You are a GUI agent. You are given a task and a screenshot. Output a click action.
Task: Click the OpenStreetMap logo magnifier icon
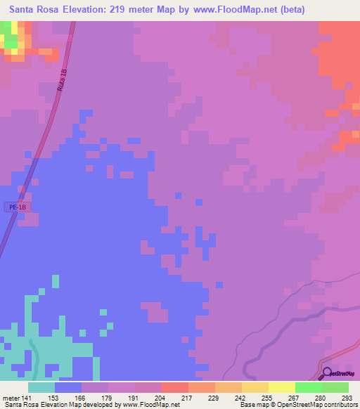click(x=326, y=373)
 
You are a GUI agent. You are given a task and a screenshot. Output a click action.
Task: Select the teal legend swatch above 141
click(x=41, y=387)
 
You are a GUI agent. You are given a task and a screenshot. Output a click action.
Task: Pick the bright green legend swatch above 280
click(x=309, y=387)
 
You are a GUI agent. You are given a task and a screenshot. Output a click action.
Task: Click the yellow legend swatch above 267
click(x=282, y=387)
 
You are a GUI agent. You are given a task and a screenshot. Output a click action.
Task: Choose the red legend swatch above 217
click(x=175, y=387)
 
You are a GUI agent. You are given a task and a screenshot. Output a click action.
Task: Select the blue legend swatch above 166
click(x=68, y=387)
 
